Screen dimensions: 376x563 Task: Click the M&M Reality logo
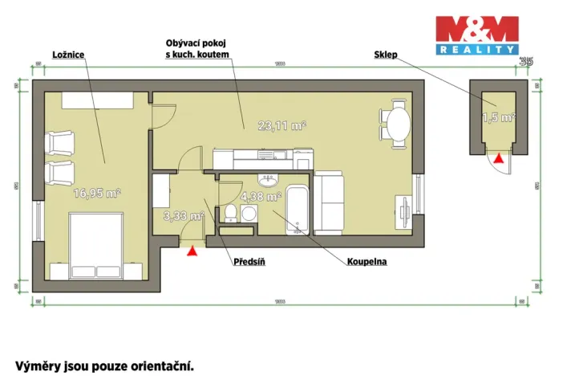pyautogui.click(x=476, y=35)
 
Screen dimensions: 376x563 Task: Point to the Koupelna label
pyautogui.click(x=367, y=262)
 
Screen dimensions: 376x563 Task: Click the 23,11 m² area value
pyautogui.click(x=282, y=125)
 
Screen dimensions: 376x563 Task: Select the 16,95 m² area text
pyautogui.click(x=97, y=193)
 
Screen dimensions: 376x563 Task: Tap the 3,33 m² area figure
pyautogui.click(x=181, y=215)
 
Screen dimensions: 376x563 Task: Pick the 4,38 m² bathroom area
pyautogui.click(x=261, y=196)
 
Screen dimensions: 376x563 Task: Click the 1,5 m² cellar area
pyautogui.click(x=498, y=118)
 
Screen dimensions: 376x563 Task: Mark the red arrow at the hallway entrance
pyautogui.click(x=192, y=251)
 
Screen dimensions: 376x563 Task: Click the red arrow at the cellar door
pyautogui.click(x=499, y=160)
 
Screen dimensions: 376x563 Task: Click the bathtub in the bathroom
pyautogui.click(x=298, y=210)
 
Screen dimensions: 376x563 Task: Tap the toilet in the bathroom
pyautogui.click(x=231, y=212)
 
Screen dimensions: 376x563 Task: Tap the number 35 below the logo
pyautogui.click(x=526, y=61)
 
